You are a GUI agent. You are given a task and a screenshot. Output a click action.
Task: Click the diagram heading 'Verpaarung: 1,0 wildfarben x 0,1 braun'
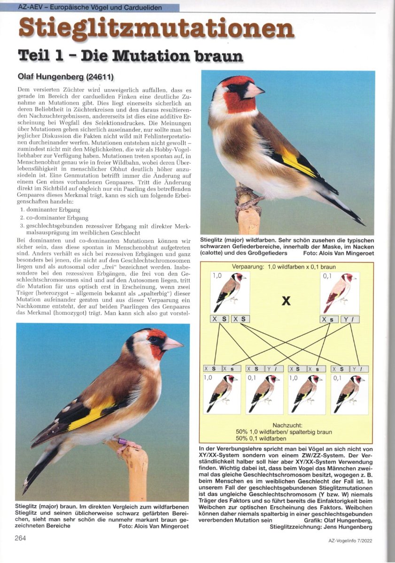pyautogui.click(x=284, y=267)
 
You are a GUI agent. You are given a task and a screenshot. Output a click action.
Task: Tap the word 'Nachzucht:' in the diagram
pyautogui.click(x=286, y=425)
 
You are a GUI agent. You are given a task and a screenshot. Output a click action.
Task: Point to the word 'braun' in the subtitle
pyautogui.click(x=217, y=56)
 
